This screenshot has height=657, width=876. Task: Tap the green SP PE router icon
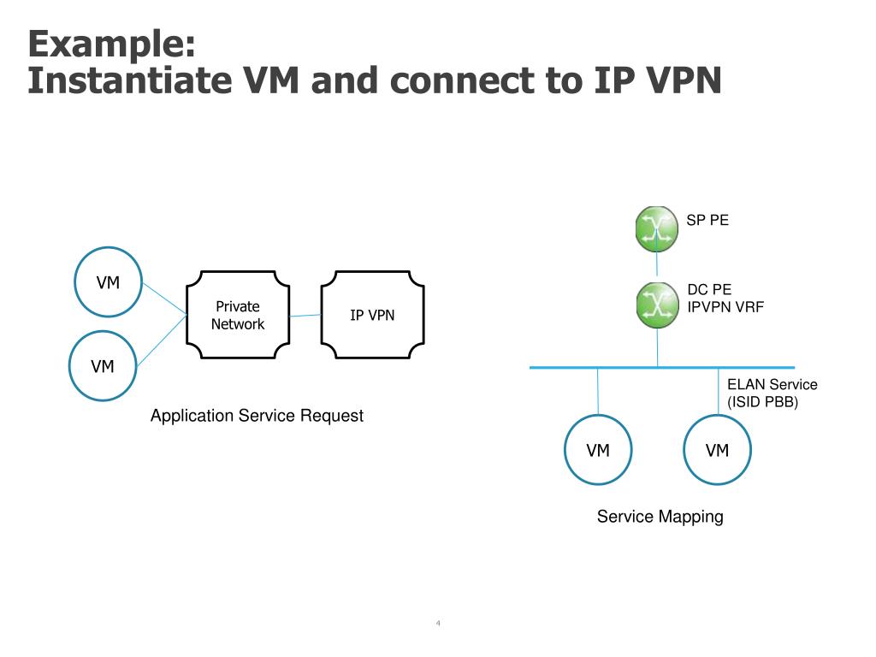pyautogui.click(x=657, y=228)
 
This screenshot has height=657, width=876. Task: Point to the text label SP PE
pyautogui.click(x=707, y=220)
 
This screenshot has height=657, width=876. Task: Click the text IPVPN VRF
pyautogui.click(x=725, y=307)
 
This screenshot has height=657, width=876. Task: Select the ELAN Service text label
pyautogui.click(x=772, y=384)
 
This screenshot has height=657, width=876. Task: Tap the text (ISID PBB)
pyautogui.click(x=762, y=402)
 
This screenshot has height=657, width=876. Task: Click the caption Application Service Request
pyautogui.click(x=257, y=416)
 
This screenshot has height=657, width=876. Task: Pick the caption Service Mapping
pyautogui.click(x=660, y=516)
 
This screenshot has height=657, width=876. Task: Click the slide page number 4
pyautogui.click(x=438, y=623)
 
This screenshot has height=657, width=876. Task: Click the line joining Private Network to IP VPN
pyautogui.click(x=305, y=316)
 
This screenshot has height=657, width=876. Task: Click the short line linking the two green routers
pyautogui.click(x=657, y=267)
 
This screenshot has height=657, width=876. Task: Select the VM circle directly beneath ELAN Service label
pyautogui.click(x=717, y=450)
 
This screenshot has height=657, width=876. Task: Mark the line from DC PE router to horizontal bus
pyautogui.click(x=657, y=347)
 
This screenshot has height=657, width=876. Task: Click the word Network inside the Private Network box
pyautogui.click(x=238, y=324)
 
